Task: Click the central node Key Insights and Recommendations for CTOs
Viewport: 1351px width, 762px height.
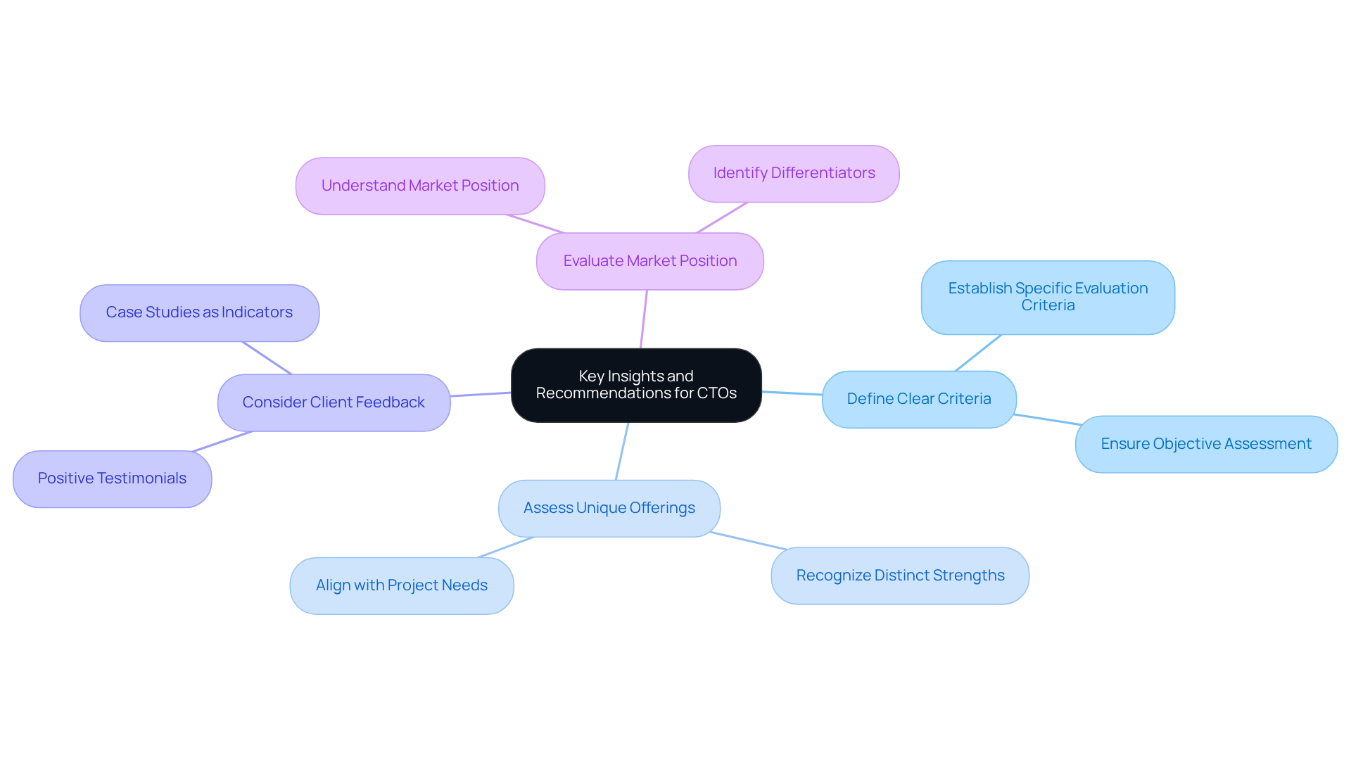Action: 635,385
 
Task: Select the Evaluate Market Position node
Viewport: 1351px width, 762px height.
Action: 649,261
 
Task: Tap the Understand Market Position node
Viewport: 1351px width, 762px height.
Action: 420,186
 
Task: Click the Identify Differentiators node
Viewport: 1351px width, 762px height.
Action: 794,173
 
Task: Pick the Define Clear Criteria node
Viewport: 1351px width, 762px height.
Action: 918,399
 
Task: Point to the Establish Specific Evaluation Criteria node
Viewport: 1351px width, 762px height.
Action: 1047,297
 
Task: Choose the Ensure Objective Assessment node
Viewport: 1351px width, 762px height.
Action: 1205,444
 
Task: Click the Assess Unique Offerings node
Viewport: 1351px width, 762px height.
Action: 609,508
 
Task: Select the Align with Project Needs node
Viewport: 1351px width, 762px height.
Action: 401,585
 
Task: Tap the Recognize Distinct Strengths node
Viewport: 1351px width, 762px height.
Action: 899,576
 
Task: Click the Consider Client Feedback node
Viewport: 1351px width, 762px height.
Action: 334,402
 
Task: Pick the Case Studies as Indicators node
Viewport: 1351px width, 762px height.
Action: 199,312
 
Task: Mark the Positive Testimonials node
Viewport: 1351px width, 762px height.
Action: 112,478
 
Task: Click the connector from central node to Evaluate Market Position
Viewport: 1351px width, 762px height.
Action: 644,319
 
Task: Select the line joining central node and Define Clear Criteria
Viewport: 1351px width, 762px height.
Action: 792,393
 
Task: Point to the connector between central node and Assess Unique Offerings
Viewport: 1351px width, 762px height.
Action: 622,451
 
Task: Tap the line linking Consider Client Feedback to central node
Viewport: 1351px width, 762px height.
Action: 481,395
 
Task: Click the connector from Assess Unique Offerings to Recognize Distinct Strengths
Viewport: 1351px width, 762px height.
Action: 748,540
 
